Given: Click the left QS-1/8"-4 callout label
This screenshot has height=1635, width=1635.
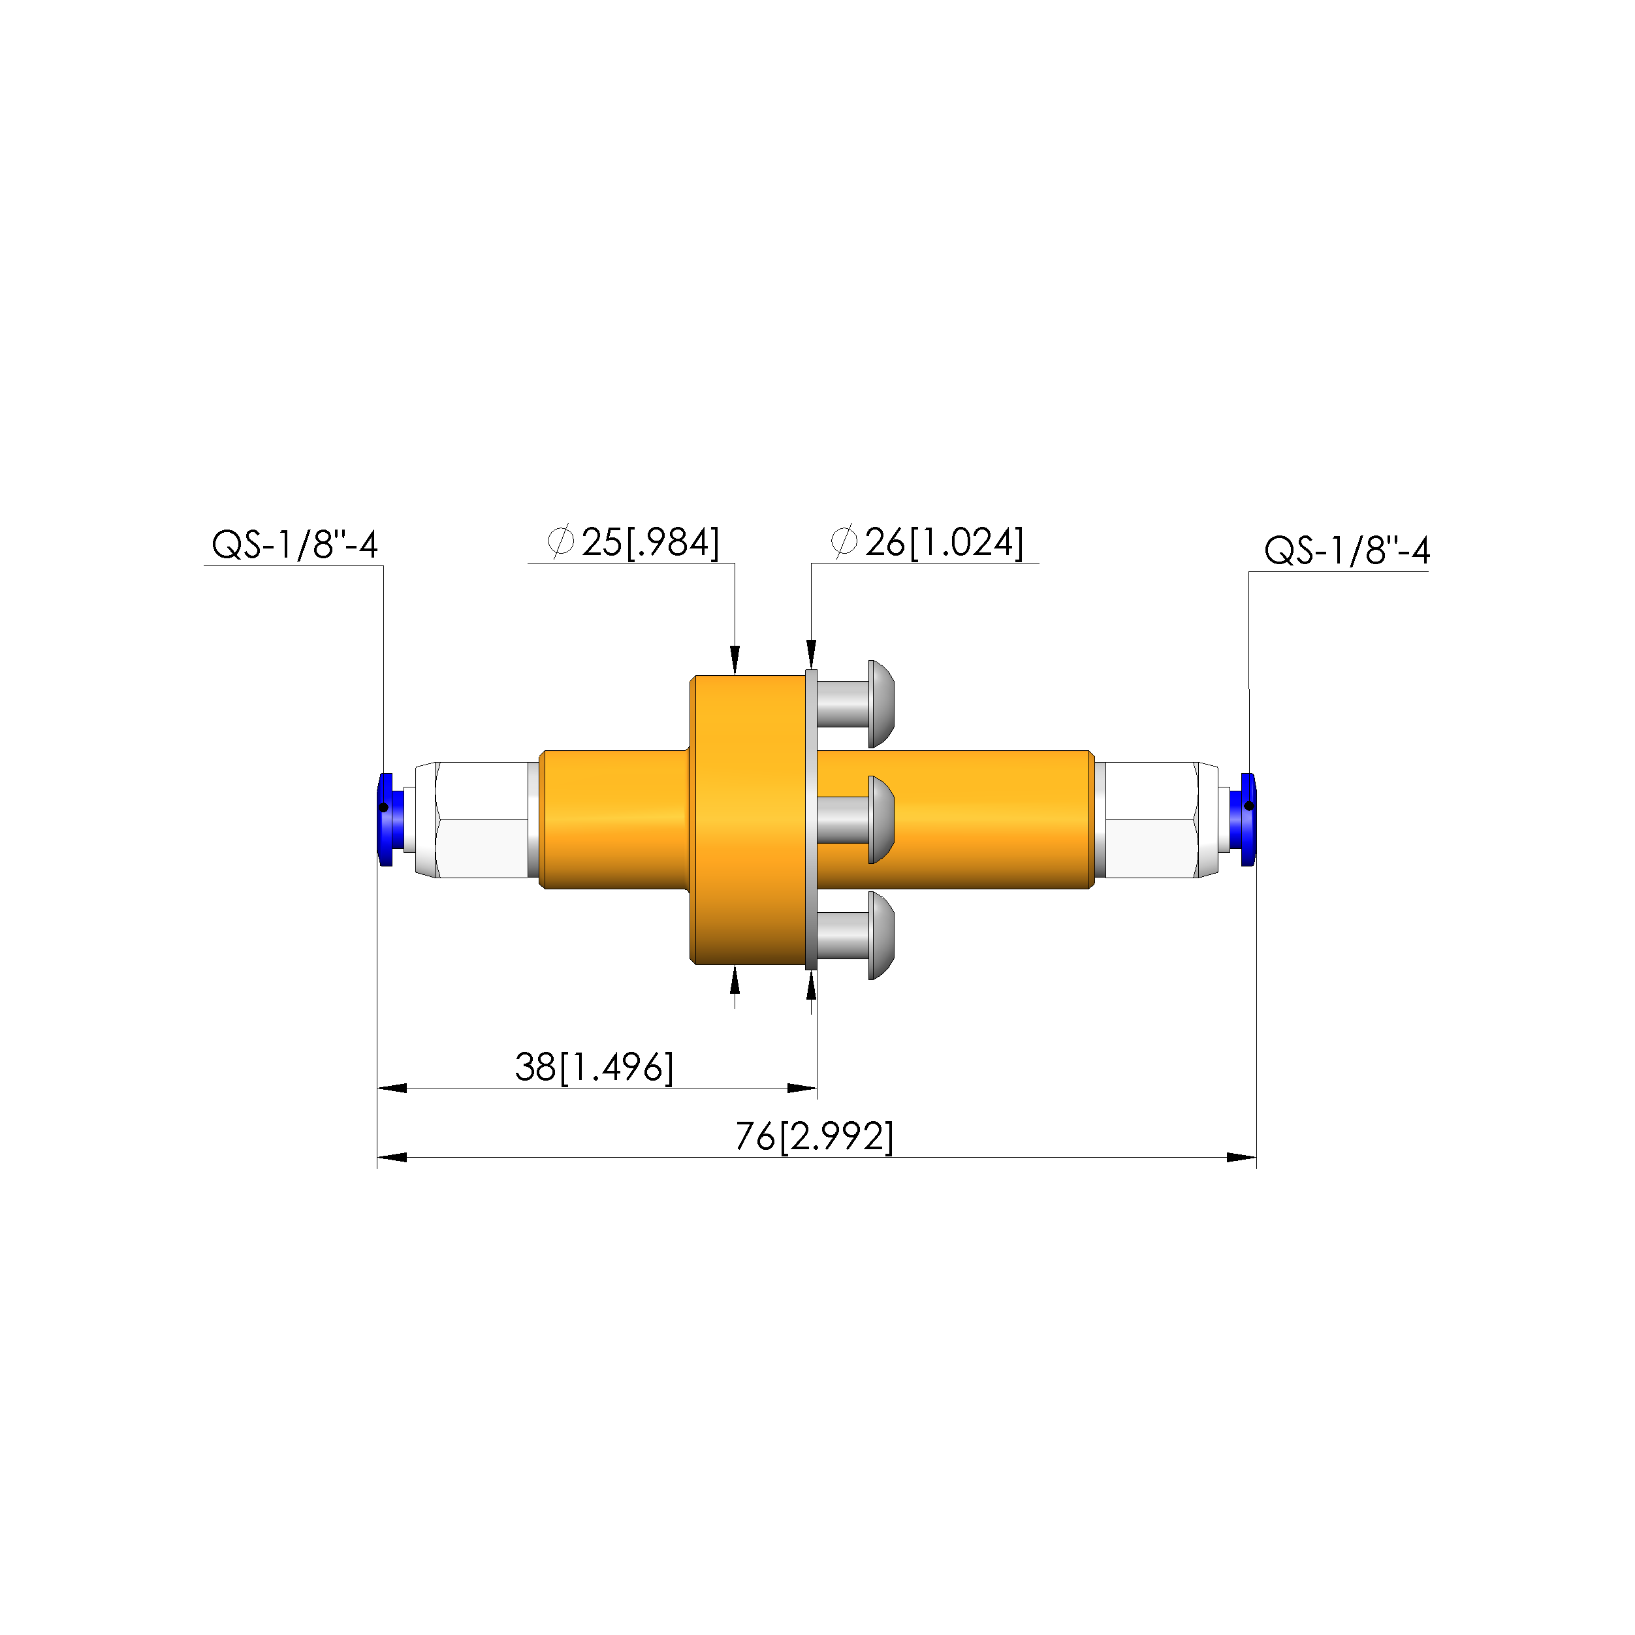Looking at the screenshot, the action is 294,545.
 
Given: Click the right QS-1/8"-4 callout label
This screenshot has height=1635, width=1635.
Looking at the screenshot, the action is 1346,551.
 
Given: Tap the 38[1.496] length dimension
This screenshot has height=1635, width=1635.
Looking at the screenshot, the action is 594,1067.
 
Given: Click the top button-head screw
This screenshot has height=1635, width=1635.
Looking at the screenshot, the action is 855,704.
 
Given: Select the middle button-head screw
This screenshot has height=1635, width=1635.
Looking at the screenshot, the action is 855,820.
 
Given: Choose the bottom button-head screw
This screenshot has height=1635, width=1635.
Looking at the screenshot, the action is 855,935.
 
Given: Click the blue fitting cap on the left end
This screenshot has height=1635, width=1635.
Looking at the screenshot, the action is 385,819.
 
